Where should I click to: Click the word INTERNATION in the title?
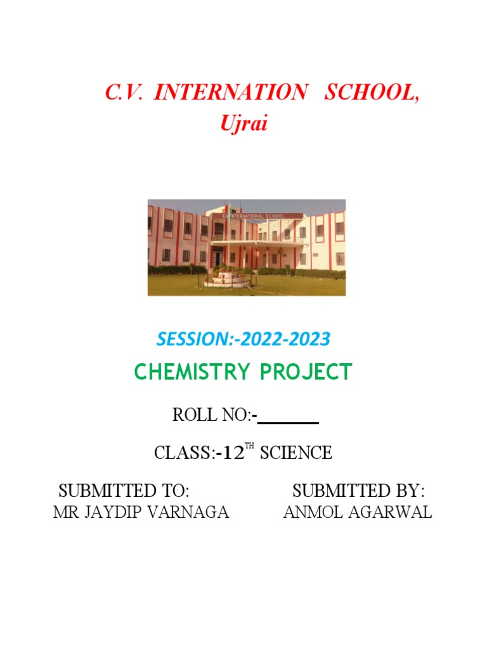pyautogui.click(x=230, y=93)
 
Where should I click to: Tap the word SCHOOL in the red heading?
pyautogui.click(x=371, y=93)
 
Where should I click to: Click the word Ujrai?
pyautogui.click(x=244, y=124)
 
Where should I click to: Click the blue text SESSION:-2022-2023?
pyautogui.click(x=243, y=340)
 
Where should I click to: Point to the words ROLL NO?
pyautogui.click(x=212, y=416)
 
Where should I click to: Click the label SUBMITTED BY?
pyautogui.click(x=358, y=491)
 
